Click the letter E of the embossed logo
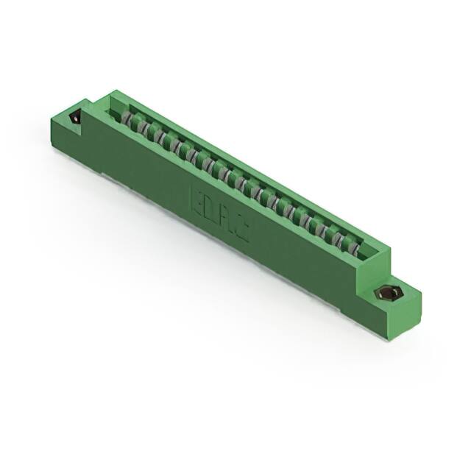pyautogui.click(x=198, y=199)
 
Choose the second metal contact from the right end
pyautogui.click(x=339, y=237)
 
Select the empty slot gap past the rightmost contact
pyautogui.click(x=366, y=253)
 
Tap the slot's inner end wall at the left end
pyautogui.click(x=114, y=108)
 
